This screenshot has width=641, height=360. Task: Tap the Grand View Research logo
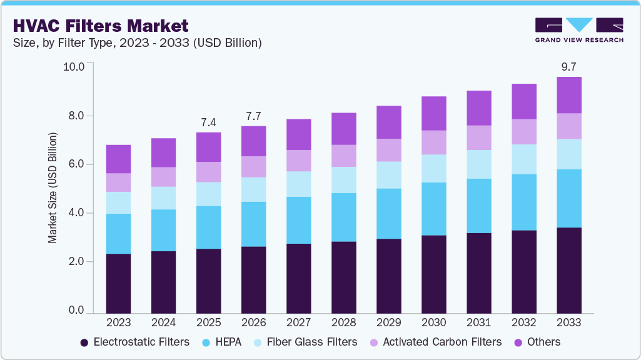[x=578, y=29]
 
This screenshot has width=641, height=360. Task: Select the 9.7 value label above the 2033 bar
[x=568, y=66]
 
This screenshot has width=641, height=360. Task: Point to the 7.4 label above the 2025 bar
[x=208, y=122]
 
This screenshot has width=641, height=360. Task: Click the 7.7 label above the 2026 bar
[x=253, y=116]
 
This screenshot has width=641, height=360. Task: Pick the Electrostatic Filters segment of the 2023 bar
[x=118, y=283]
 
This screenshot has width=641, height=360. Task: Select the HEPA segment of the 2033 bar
[x=568, y=198]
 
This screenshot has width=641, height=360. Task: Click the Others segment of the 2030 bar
[x=433, y=113]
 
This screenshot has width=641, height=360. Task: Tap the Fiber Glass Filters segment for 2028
[x=343, y=180]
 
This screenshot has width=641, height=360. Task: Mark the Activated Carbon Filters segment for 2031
[x=478, y=137]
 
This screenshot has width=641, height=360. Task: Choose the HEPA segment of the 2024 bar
[x=163, y=230]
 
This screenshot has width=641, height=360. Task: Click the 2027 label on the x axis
[x=298, y=323]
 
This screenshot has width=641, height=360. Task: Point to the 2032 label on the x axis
[x=523, y=323]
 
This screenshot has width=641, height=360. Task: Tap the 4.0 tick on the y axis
[x=76, y=213]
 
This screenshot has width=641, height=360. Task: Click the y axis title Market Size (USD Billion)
[x=53, y=187]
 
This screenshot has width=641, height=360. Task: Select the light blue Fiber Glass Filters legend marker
[x=257, y=342]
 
